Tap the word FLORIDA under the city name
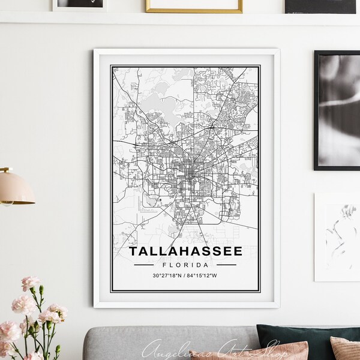(x=187, y=265)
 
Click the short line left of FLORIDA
(x=146, y=265)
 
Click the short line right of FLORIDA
(x=226, y=265)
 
